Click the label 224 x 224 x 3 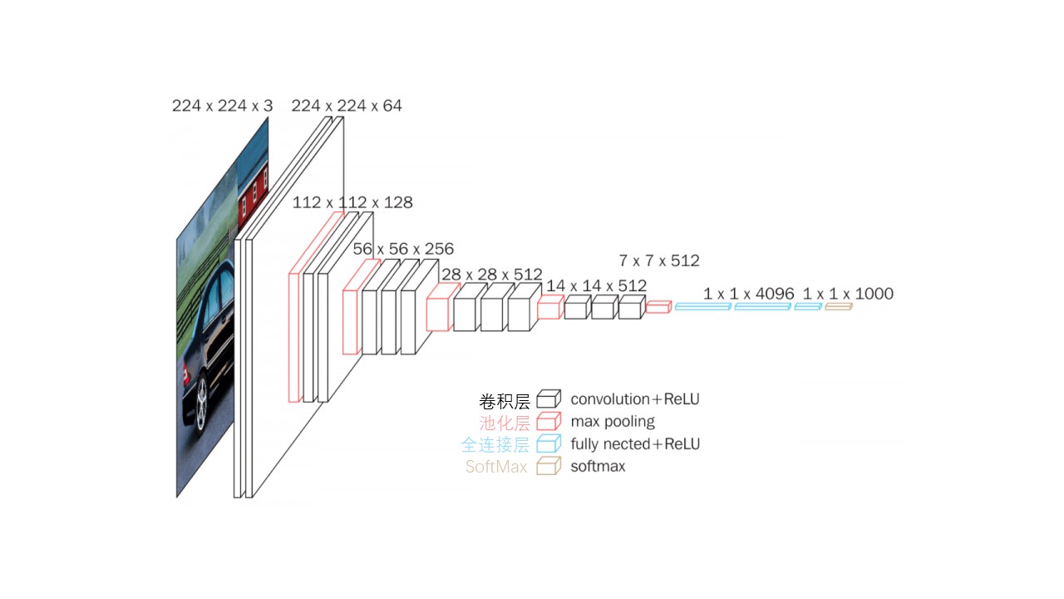222,106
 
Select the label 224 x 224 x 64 347,106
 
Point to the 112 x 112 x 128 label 352,203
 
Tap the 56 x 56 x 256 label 403,249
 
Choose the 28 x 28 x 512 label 491,275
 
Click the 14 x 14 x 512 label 596,285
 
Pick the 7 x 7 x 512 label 658,260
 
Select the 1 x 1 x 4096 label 748,294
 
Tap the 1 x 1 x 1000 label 848,294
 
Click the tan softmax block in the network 838,307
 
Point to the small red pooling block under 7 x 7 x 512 658,307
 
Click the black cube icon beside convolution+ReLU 548,399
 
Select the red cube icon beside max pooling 548,422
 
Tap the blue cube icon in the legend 548,443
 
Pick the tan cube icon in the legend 548,466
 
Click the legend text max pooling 613,422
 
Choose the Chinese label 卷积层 504,401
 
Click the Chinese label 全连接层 495,444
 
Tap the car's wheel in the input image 200,405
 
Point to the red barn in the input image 254,190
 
